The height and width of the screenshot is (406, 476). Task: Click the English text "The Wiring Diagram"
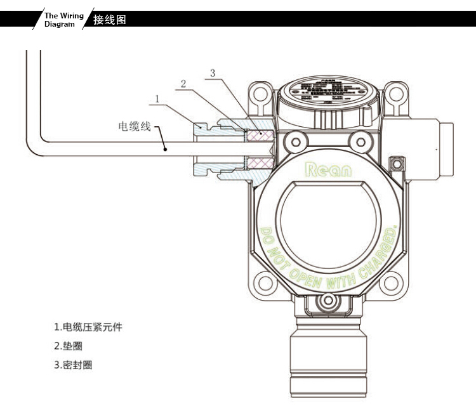pos(63,20)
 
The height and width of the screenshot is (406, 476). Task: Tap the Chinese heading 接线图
pos(110,20)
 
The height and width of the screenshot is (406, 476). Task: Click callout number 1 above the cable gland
pos(156,98)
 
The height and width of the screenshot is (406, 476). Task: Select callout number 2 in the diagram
pos(183,84)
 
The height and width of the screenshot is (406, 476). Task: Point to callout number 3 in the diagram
pos(213,73)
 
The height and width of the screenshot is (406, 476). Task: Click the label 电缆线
pos(135,126)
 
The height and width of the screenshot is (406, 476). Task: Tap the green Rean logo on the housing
pos(327,170)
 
